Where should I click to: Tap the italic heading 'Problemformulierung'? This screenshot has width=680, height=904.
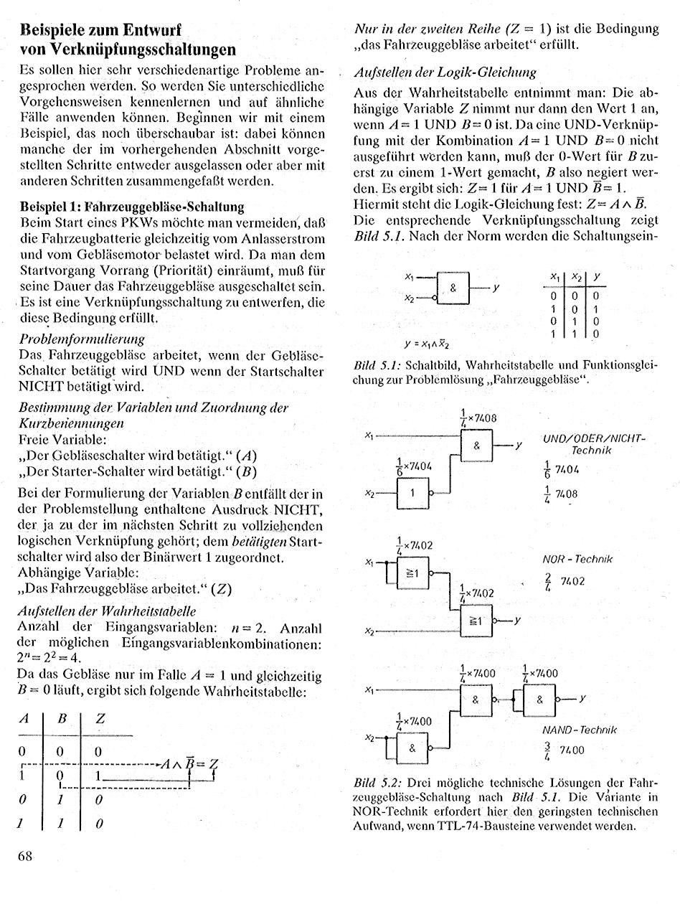[x=82, y=338]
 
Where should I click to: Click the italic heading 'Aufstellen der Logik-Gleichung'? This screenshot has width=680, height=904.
[x=445, y=72]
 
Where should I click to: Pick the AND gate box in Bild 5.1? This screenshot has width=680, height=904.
[x=453, y=288]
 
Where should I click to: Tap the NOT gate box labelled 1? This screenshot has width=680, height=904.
[x=412, y=493]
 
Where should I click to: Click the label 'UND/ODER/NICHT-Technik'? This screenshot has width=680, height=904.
[x=595, y=443]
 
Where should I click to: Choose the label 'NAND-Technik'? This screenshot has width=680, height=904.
[x=580, y=730]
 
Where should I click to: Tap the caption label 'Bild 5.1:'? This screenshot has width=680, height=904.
[x=377, y=364]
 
